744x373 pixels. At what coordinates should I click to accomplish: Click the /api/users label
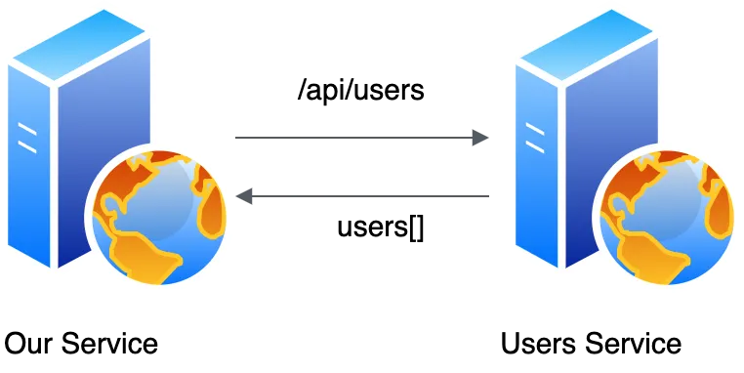tap(360, 89)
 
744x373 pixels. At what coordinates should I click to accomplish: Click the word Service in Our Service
tap(109, 343)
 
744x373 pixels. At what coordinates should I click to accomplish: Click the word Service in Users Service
tap(633, 343)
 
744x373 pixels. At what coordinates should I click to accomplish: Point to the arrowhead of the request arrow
tap(480, 138)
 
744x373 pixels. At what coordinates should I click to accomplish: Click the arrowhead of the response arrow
tap(244, 196)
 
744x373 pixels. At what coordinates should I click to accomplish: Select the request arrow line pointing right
tap(362, 138)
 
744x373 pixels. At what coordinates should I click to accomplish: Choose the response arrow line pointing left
tap(362, 196)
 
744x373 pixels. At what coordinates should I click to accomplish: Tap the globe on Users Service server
tap(667, 217)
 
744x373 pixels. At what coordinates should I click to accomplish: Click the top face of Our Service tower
tap(79, 44)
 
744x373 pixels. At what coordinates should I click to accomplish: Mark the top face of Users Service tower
tap(587, 44)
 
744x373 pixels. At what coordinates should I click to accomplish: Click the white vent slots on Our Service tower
tap(27, 138)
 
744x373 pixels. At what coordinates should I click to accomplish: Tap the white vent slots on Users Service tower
tap(535, 138)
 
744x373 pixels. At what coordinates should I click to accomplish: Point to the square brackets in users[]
tap(416, 228)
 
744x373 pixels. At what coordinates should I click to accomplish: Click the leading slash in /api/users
tap(302, 90)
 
